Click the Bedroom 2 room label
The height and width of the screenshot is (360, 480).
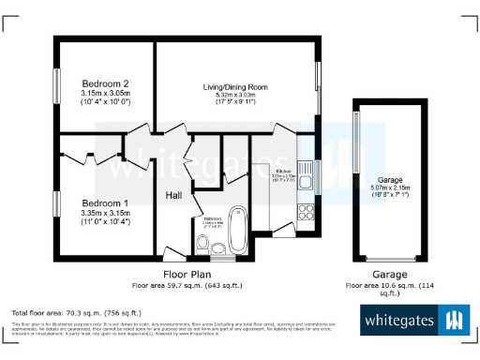(x=104, y=83)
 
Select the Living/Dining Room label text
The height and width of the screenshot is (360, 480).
(x=236, y=86)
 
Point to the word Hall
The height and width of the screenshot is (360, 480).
(x=174, y=196)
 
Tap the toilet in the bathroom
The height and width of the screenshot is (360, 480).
(x=202, y=246)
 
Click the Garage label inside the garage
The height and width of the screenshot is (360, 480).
(x=389, y=178)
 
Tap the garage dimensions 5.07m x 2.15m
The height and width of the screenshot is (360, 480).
(x=389, y=187)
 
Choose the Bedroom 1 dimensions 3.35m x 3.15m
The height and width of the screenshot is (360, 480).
(x=104, y=213)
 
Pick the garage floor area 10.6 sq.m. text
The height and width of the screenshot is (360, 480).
(x=389, y=284)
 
